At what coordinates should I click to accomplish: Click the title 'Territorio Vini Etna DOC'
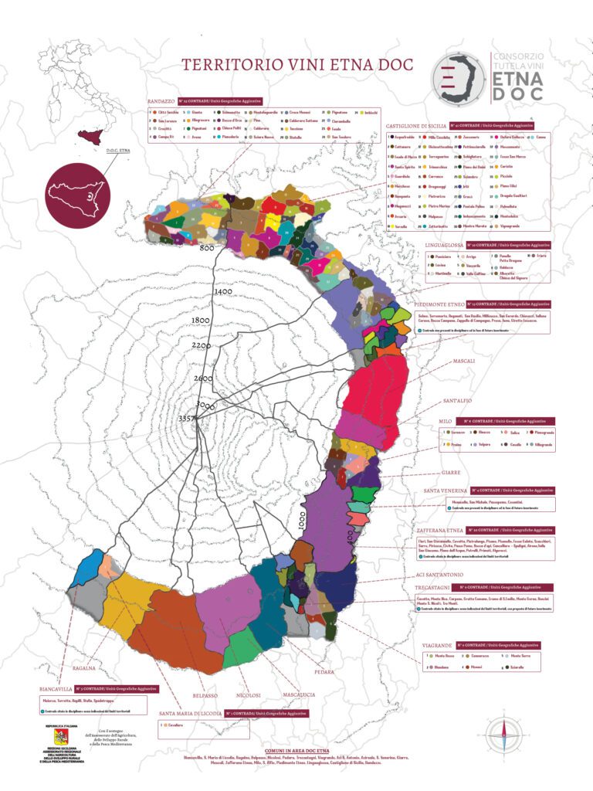click(x=296, y=65)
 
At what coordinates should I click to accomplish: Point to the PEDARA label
click(x=324, y=671)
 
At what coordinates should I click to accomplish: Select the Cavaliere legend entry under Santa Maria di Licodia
click(x=174, y=725)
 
